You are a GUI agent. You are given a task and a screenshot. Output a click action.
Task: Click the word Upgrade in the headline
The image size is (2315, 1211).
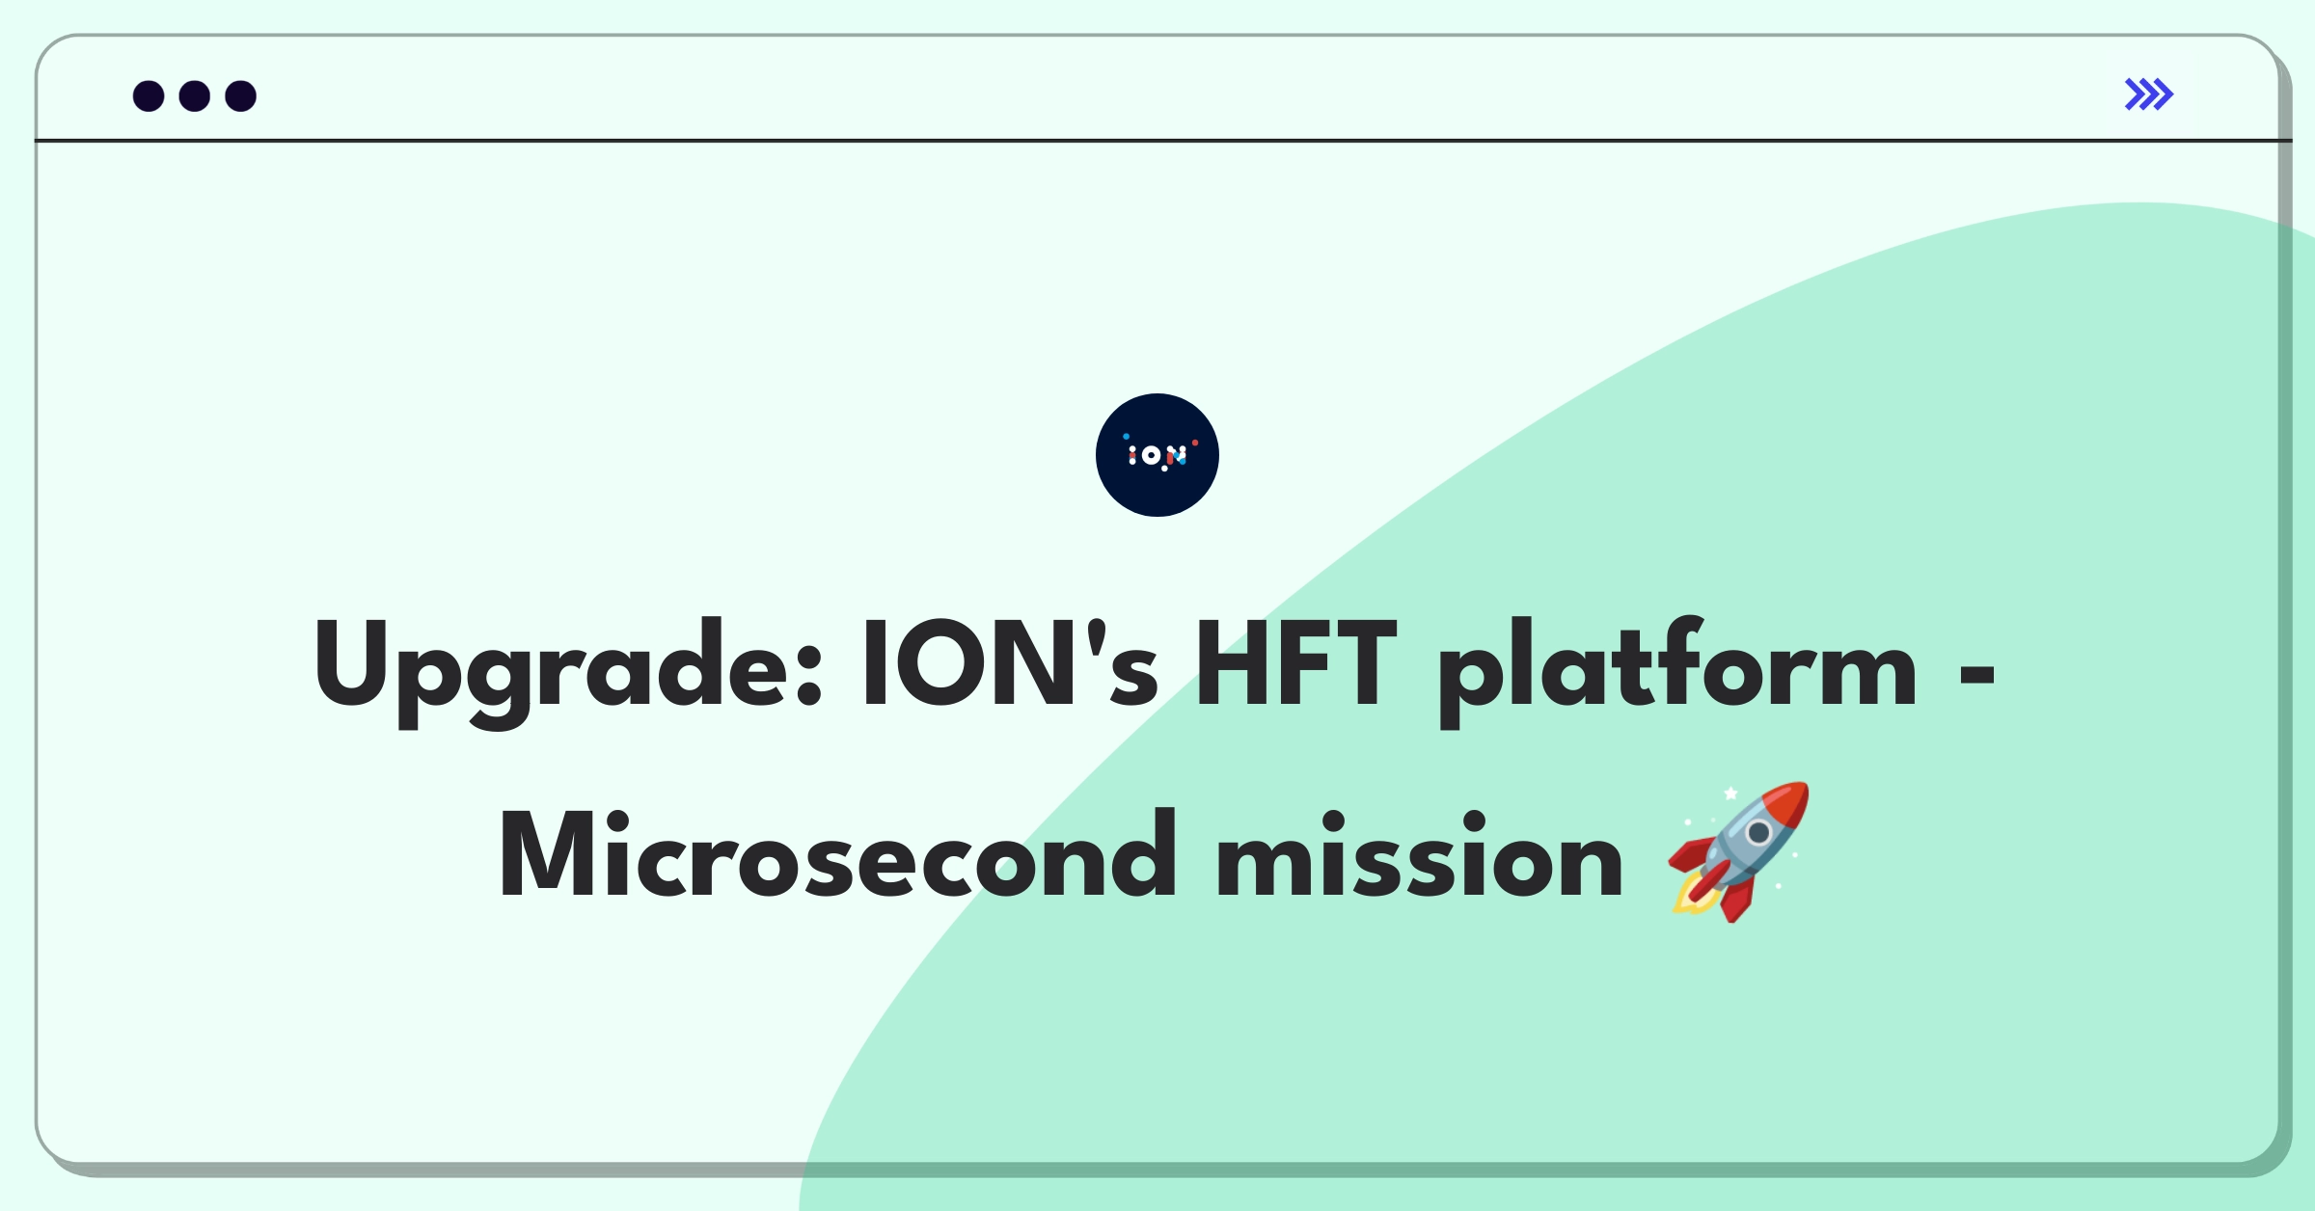(x=568, y=671)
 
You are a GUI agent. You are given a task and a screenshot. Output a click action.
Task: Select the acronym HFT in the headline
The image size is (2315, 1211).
(x=1295, y=665)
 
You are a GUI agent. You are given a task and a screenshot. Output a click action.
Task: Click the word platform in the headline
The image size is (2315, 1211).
(x=1677, y=671)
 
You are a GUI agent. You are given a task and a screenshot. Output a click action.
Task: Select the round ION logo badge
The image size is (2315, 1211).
(x=1157, y=455)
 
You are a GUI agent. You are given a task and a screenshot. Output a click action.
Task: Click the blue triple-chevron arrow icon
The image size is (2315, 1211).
(x=2149, y=94)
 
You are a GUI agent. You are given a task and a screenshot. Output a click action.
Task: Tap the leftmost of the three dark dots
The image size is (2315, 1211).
(x=149, y=95)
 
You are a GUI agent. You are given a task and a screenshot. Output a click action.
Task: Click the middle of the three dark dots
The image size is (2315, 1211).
(x=195, y=95)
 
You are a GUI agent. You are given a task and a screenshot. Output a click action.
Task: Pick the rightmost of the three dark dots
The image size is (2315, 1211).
(x=241, y=95)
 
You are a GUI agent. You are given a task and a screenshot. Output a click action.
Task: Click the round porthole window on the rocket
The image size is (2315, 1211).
(x=1758, y=832)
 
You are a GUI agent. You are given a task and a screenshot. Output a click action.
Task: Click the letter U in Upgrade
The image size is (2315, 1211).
(x=350, y=665)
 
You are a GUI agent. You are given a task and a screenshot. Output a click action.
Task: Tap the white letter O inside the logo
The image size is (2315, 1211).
(x=1151, y=455)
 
